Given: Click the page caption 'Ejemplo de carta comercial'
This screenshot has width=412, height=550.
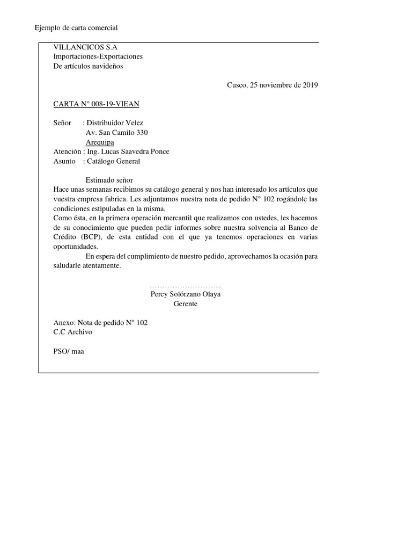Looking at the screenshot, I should pyautogui.click(x=76, y=27).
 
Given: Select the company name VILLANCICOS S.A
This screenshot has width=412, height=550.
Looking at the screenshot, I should pyautogui.click(x=85, y=47).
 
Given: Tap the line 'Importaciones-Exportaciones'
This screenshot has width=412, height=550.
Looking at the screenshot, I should pyautogui.click(x=98, y=56).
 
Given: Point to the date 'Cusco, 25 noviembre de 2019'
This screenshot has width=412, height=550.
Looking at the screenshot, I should pyautogui.click(x=273, y=85).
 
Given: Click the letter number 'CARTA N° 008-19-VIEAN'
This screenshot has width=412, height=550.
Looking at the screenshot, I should pyautogui.click(x=97, y=104).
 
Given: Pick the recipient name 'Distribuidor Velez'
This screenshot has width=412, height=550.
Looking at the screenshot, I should pyautogui.click(x=114, y=123).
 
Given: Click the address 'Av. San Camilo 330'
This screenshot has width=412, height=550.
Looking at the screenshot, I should pyautogui.click(x=117, y=133).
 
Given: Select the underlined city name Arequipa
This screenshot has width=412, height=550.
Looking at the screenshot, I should pyautogui.click(x=100, y=142).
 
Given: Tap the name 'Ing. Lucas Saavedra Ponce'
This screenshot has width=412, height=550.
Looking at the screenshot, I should pyautogui.click(x=128, y=151).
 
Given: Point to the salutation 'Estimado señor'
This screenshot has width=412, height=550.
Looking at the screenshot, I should pyautogui.click(x=109, y=180).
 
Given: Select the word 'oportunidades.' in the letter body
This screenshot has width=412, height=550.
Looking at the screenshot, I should pyautogui.click(x=76, y=247).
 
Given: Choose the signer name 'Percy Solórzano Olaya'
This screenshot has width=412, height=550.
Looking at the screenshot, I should pyautogui.click(x=186, y=294).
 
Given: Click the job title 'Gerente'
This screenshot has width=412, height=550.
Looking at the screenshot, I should pyautogui.click(x=186, y=304).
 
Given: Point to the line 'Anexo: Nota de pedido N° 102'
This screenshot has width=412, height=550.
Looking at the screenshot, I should pyautogui.click(x=100, y=323).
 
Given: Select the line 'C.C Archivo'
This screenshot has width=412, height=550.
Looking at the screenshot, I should pyautogui.click(x=73, y=332).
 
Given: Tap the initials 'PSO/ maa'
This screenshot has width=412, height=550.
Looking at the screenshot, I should pyautogui.click(x=69, y=351).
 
